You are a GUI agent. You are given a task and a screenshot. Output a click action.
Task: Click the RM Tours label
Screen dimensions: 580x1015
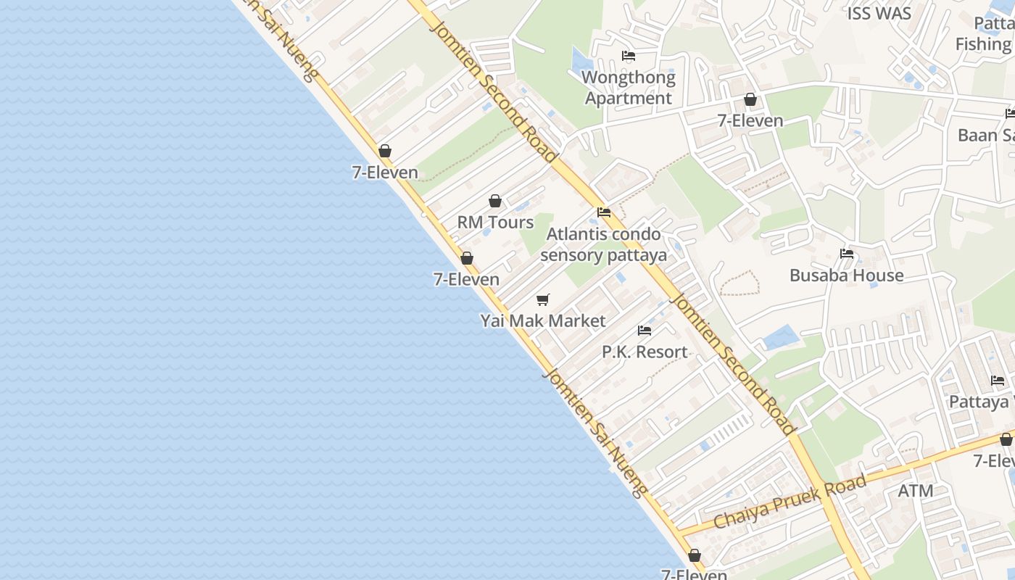(495, 223)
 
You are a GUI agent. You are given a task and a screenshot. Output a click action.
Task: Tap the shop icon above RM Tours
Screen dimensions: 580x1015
(495, 201)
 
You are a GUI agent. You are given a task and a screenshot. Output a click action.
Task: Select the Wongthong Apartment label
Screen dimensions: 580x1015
(629, 87)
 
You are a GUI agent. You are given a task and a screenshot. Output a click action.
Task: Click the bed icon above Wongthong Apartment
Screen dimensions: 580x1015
(629, 56)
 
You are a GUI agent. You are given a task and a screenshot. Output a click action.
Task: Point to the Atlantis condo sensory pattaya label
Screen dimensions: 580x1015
(603, 244)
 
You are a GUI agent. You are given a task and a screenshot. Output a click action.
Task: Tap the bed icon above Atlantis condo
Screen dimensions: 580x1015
(603, 212)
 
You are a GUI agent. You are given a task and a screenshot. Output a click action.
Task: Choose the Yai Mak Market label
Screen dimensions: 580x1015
(543, 320)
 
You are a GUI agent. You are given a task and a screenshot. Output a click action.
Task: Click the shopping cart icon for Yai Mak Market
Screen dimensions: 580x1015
(543, 299)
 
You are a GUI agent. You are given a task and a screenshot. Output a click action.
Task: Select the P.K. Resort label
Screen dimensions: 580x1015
(645, 352)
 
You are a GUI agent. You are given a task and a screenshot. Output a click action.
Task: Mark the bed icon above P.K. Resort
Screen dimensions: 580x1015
(645, 331)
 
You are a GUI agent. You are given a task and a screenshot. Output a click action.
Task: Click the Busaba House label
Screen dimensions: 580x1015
(846, 275)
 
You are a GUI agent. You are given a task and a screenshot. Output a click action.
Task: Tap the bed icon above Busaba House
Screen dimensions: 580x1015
(846, 254)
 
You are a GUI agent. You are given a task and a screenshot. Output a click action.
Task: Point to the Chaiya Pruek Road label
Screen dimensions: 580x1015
(790, 502)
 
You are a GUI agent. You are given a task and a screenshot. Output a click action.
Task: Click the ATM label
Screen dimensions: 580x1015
(916, 491)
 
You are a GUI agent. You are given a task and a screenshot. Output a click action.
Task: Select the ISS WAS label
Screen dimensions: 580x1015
(879, 13)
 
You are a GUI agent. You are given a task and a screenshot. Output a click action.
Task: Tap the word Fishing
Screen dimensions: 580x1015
(983, 44)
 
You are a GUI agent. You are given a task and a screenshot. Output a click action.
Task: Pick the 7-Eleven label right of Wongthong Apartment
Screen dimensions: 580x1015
(750, 121)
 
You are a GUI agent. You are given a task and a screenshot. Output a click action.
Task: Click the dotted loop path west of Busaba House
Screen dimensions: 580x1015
(739, 283)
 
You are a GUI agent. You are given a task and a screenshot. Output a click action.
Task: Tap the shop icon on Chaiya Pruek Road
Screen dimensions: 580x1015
(1006, 439)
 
